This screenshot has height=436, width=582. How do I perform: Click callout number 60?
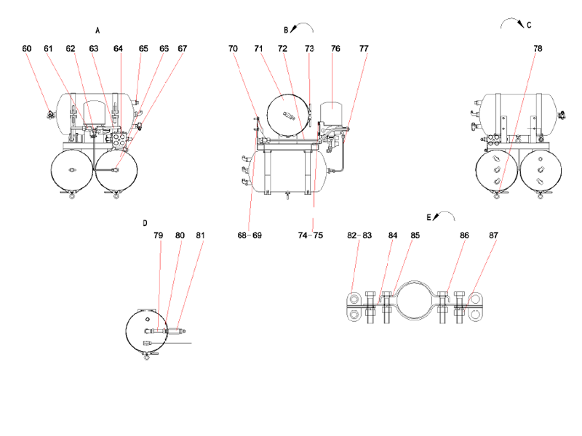(x=27, y=49)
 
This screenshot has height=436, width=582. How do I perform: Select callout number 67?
(x=182, y=49)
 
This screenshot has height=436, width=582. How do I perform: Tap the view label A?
(x=97, y=31)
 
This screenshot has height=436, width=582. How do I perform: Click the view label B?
(x=287, y=30)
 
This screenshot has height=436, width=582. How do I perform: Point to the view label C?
(x=529, y=25)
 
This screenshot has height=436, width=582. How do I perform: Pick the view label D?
(x=145, y=223)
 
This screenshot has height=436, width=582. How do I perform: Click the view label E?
(x=428, y=217)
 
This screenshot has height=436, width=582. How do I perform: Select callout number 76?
(x=335, y=49)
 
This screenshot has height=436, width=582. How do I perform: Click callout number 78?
(x=538, y=49)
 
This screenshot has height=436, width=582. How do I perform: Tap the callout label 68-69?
(x=250, y=235)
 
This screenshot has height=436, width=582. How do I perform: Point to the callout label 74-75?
(x=311, y=235)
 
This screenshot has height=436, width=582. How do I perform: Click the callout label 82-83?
(x=359, y=235)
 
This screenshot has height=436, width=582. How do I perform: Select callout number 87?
(x=493, y=235)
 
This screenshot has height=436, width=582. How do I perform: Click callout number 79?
(x=159, y=235)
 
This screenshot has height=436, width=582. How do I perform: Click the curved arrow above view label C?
(x=512, y=23)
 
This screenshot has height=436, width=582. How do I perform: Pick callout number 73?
(x=309, y=49)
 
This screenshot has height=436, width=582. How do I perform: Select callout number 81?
(x=201, y=235)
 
